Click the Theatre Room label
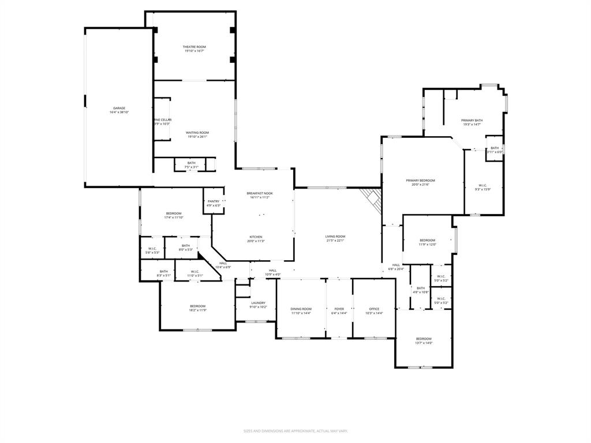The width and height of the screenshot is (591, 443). point(194,47)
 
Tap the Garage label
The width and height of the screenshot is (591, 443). point(119,108)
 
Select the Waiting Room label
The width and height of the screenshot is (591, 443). point(197,133)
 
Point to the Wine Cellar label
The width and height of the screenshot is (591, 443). point(162,119)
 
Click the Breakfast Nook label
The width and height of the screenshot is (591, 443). point(260,193)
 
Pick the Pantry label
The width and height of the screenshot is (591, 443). point(214,201)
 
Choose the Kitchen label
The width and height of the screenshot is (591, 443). point(256,237)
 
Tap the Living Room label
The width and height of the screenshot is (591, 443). point(335,236)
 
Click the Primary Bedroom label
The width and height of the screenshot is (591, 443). point(420,181)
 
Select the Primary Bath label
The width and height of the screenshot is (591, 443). point(472,120)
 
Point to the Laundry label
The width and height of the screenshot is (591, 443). point(258,303)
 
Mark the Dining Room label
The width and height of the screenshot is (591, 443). point(301,309)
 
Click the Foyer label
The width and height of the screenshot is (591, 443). point(339,309)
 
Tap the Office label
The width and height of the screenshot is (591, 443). point(375,309)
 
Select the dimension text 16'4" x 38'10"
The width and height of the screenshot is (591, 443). point(119,112)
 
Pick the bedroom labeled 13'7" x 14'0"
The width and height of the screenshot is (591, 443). point(424,339)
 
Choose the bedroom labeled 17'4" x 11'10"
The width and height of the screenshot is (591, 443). point(173,213)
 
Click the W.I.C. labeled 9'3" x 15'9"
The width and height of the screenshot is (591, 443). point(483,185)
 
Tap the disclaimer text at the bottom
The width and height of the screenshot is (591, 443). point(295,431)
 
